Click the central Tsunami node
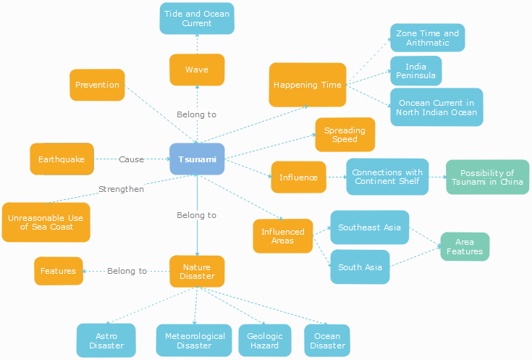(x=197, y=159)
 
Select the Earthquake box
(x=62, y=159)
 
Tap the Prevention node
(x=97, y=85)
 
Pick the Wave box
(x=197, y=70)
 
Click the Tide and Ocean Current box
(x=197, y=18)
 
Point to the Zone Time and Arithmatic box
(x=427, y=38)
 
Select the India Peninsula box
(x=415, y=71)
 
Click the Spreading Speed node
(x=345, y=135)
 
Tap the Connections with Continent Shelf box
(x=387, y=177)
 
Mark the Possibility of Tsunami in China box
(x=487, y=177)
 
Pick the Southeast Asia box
(x=369, y=227)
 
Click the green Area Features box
(x=465, y=246)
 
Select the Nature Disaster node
(x=197, y=272)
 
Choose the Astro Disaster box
(x=106, y=340)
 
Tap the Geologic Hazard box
(x=265, y=340)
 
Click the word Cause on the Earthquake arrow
(x=132, y=159)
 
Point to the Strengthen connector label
(x=121, y=189)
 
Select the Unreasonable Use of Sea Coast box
(x=46, y=222)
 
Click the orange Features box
(x=58, y=271)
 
